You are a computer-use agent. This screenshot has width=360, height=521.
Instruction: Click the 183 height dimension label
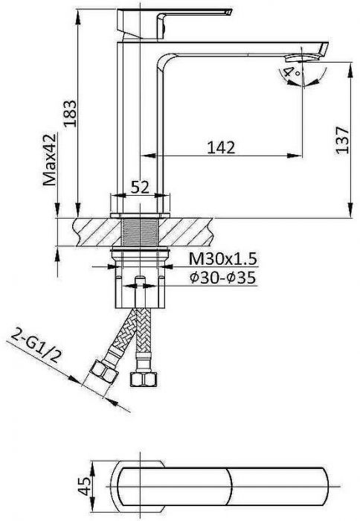71,113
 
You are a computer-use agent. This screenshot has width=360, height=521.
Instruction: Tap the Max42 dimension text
50,160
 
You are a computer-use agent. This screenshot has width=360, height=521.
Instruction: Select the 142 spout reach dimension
221,147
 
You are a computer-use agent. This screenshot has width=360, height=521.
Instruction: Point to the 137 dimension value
342,140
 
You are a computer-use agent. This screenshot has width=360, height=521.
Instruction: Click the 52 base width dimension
140,188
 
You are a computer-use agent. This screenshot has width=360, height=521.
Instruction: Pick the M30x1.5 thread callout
223,259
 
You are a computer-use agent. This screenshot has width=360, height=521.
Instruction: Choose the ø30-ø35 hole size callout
223,278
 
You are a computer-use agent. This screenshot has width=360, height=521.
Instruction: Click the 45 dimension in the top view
86,486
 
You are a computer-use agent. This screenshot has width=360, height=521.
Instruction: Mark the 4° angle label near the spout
292,72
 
